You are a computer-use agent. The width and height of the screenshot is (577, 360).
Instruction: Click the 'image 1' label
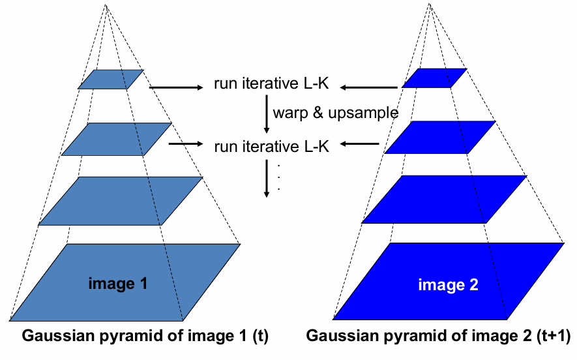117,284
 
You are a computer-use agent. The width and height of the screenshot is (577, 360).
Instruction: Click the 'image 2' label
448,285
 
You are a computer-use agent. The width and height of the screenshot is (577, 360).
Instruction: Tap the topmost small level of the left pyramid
111,79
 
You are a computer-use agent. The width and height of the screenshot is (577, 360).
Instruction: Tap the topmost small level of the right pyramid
434,78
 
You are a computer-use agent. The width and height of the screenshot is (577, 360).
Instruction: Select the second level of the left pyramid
117,139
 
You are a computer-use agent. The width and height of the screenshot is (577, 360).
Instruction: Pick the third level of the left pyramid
121,201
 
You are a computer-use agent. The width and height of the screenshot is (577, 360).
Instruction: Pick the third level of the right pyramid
444,199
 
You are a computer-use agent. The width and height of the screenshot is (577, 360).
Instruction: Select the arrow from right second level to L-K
360,143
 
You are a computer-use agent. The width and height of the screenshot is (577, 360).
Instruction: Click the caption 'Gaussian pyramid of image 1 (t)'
145,337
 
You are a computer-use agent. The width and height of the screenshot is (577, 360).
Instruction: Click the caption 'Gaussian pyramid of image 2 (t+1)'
438,337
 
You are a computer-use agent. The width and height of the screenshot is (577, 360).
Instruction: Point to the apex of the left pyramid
107,6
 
